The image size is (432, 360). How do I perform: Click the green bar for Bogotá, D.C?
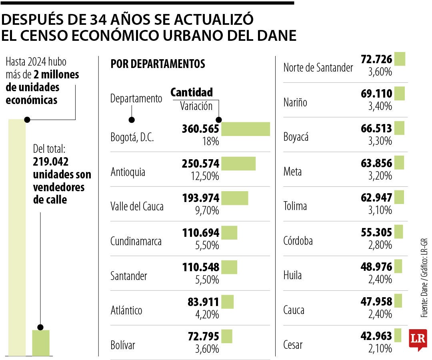click(246, 129)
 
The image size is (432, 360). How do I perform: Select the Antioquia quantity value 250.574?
click(200, 164)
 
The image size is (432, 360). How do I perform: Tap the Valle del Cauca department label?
click(137, 206)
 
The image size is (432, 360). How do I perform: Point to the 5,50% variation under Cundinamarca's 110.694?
click(207, 245)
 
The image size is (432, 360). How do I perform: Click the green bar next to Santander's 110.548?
click(229, 267)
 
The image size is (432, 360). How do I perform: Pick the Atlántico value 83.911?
click(204, 302)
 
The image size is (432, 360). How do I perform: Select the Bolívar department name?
click(123, 345)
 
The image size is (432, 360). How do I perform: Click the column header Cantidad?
click(192, 92)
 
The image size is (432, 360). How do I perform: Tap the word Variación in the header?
click(196, 106)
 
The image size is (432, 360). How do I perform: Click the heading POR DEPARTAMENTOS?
click(158, 64)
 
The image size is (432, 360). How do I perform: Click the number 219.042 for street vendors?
click(51, 162)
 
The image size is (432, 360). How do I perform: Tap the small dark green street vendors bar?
click(41, 343)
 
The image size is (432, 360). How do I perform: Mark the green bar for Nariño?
click(399, 94)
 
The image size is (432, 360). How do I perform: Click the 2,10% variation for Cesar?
click(380, 348)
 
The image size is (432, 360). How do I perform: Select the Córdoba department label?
click(298, 241)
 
